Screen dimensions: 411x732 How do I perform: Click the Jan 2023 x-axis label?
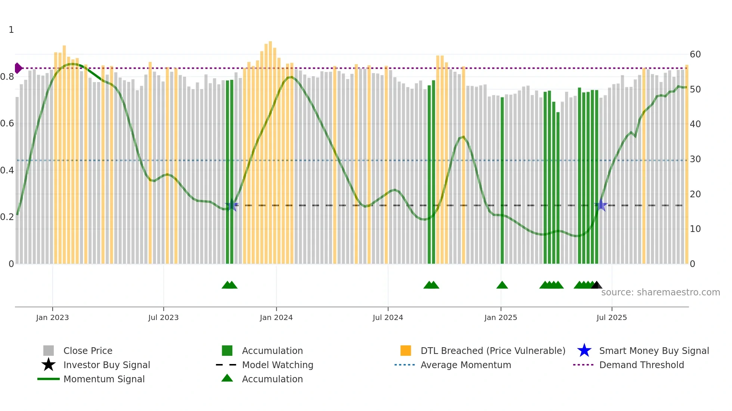coord(52,317)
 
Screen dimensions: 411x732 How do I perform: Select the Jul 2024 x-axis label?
coord(388,317)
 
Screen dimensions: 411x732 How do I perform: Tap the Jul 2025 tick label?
coord(611,317)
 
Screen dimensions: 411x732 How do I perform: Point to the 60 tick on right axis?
coord(695,54)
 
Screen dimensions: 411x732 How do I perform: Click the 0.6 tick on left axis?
coord(7,123)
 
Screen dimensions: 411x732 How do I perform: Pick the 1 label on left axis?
coord(11,30)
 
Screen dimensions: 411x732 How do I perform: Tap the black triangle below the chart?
coord(596,285)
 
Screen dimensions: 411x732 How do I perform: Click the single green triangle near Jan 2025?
coord(502,285)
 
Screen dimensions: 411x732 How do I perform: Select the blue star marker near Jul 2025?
coord(601,205)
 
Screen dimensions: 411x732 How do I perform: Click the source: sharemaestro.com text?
coord(660,292)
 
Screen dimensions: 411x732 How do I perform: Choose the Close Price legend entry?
coord(87,351)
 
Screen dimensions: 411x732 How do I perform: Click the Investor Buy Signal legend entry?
coord(106,365)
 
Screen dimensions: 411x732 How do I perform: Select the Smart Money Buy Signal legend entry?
coord(654,351)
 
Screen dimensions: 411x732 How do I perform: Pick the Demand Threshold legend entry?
coord(641,365)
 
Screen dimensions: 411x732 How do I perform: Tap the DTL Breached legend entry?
coord(493,351)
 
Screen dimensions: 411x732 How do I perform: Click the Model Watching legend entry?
coord(277,365)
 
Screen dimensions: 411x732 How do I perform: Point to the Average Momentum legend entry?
coord(465,365)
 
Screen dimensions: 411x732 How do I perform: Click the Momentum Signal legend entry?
coord(104,379)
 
